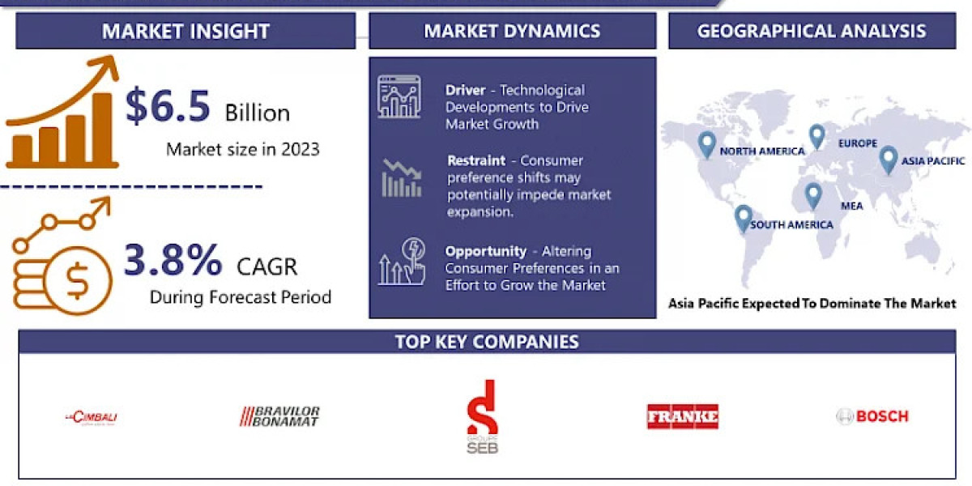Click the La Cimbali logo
[91, 417]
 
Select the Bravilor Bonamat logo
[279, 416]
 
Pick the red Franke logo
[682, 416]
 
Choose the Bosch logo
[872, 416]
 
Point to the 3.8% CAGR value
[173, 261]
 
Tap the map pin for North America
[707, 144]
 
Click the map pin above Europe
[816, 135]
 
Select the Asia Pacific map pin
[889, 159]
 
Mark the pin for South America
[743, 218]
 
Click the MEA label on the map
[851, 206]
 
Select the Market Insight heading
[185, 32]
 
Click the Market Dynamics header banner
[512, 32]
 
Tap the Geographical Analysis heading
[811, 32]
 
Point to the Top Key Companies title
[487, 342]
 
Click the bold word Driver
[465, 90]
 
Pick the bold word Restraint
[476, 160]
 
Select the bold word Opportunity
[484, 251]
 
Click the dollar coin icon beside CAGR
[78, 280]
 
